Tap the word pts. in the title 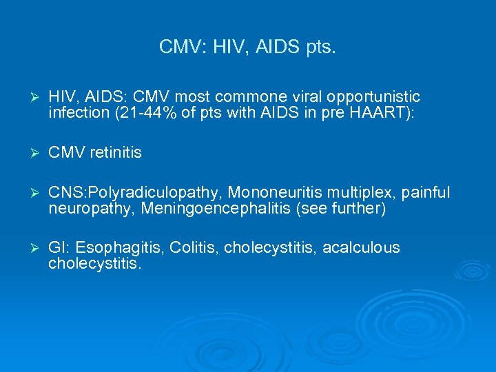[318, 47]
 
